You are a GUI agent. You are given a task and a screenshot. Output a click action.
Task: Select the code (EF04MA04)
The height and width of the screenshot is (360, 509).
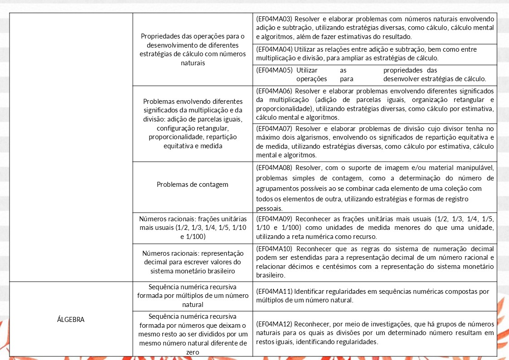click(275, 49)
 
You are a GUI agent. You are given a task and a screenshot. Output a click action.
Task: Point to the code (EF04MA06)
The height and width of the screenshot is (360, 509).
click(275, 91)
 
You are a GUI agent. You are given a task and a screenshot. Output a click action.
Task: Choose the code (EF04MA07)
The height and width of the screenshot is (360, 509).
click(275, 128)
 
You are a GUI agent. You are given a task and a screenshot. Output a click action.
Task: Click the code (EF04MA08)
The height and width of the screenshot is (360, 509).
click(275, 168)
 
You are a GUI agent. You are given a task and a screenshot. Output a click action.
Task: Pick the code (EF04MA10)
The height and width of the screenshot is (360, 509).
click(275, 249)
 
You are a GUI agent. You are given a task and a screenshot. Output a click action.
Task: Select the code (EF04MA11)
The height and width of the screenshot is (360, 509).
click(275, 291)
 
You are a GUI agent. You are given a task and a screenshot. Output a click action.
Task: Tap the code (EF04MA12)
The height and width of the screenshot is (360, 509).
click(275, 324)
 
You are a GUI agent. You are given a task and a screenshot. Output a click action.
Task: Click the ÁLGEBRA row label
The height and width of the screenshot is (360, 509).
click(71, 319)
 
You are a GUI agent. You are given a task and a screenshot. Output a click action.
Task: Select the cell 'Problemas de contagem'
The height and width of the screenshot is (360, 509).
click(193, 185)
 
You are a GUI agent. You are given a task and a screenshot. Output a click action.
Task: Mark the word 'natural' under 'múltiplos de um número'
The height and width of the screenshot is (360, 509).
click(193, 305)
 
